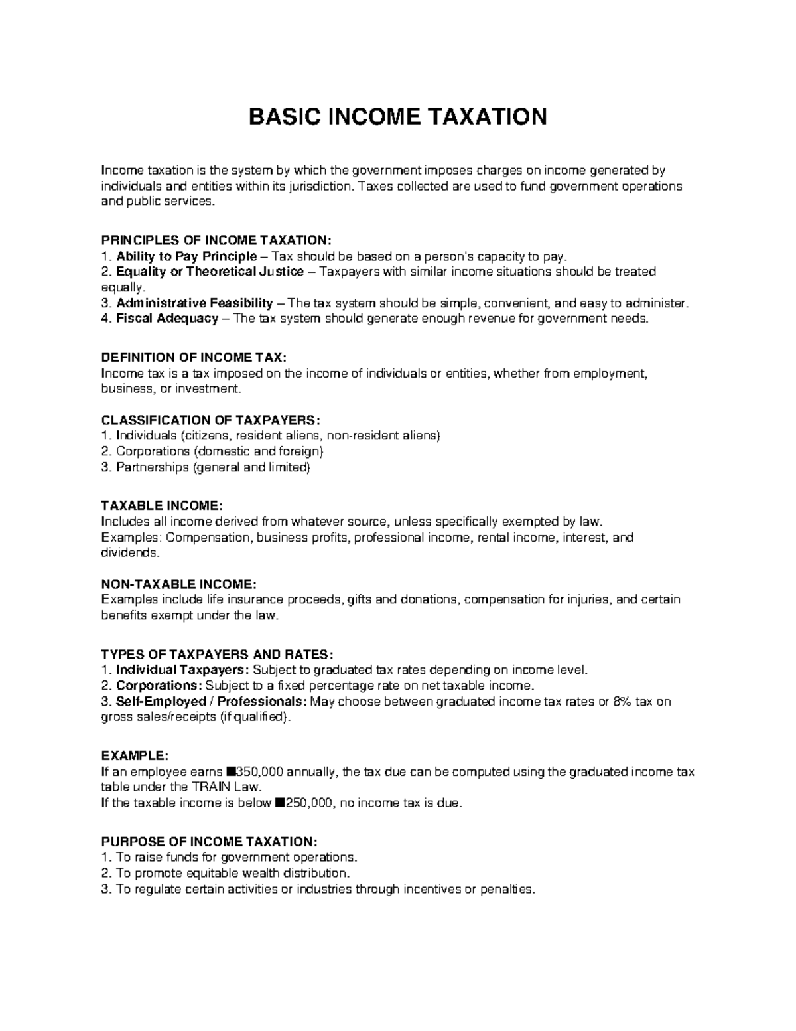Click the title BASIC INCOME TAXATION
click(x=397, y=117)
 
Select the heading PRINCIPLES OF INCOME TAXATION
click(x=215, y=240)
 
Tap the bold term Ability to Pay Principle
click(x=186, y=256)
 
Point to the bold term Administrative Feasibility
click(x=194, y=303)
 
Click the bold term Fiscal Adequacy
click(x=167, y=319)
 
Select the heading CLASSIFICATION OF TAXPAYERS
click(x=210, y=420)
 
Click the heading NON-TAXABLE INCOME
click(x=178, y=584)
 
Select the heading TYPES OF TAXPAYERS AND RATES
click(x=213, y=655)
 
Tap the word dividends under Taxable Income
click(x=130, y=553)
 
